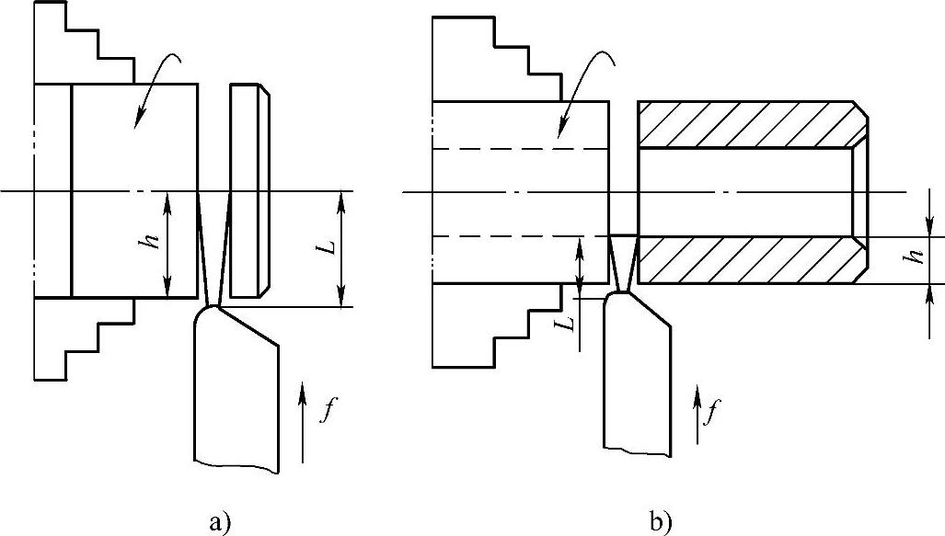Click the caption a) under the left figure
coord(218,524)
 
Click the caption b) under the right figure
coord(661,524)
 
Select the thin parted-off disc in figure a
coord(248,190)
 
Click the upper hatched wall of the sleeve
coord(750,123)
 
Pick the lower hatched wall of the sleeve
coord(750,260)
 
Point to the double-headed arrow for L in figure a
coord(342,248)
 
